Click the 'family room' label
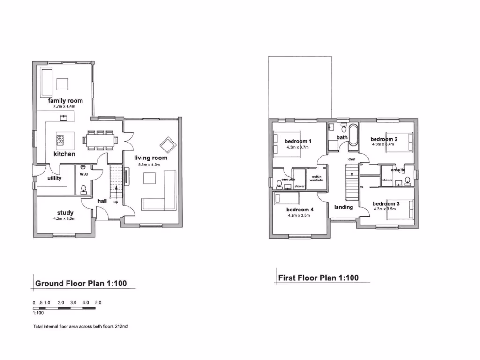pyautogui.click(x=65, y=101)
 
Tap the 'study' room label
pyautogui.click(x=65, y=213)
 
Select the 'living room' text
pyautogui.click(x=150, y=158)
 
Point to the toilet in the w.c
pyautogui.click(x=84, y=189)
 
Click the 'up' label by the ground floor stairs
pyautogui.click(x=115, y=202)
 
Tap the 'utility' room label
pyautogui.click(x=55, y=178)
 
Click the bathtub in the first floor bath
pyautogui.click(x=353, y=136)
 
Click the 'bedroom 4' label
pyautogui.click(x=300, y=210)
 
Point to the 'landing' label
pyautogui.click(x=343, y=207)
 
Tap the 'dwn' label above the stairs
pyautogui.click(x=352, y=159)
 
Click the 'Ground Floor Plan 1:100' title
pyautogui.click(x=81, y=283)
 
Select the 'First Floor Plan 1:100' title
pyautogui.click(x=318, y=277)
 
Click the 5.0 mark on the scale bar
pyautogui.click(x=98, y=303)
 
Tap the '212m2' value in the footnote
pyautogui.click(x=121, y=326)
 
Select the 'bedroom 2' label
pyautogui.click(x=384, y=139)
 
